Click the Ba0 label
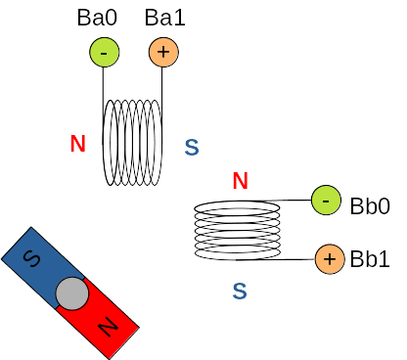pos(97,18)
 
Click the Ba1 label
pos(165,18)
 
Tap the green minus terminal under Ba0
pos(105,52)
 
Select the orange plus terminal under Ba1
pos(163,52)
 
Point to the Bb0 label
pos(370,206)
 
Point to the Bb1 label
pos(370,259)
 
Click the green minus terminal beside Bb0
pos(326,201)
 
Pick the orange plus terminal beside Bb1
pos(330,259)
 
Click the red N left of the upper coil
pos(78,144)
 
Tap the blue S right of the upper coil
pos(192,148)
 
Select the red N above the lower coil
pos(241,181)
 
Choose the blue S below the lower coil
pos(240,292)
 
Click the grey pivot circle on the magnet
pos(71,293)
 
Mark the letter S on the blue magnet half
pos(31,258)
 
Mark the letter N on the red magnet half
pos(109,327)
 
